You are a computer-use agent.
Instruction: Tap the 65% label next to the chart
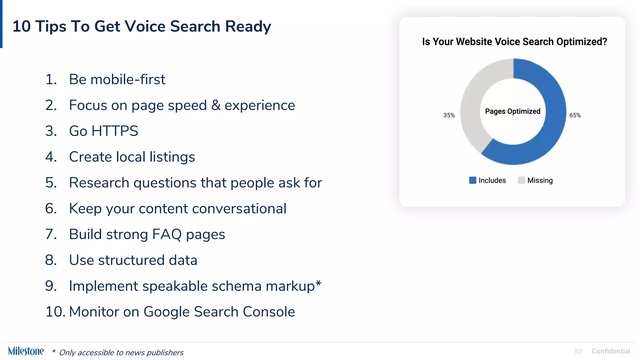point(575,115)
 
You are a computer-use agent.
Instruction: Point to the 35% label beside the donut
point(449,115)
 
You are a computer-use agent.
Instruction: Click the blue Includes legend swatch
point(472,180)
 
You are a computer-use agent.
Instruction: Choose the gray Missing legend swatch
point(521,180)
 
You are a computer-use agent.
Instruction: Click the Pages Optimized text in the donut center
point(512,111)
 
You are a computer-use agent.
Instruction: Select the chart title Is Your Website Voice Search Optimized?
point(514,42)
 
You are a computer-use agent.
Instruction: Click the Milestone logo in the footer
point(26,351)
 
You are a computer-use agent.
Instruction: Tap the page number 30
point(577,352)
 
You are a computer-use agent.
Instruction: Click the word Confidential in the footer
point(611,351)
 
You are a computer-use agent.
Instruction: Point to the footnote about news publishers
point(121,352)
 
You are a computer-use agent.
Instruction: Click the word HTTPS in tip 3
point(114,131)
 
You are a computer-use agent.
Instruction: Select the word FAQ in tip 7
point(167,234)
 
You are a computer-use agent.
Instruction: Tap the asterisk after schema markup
point(318,283)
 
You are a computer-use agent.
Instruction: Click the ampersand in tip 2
point(216,105)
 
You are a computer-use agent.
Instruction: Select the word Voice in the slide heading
point(146,26)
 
